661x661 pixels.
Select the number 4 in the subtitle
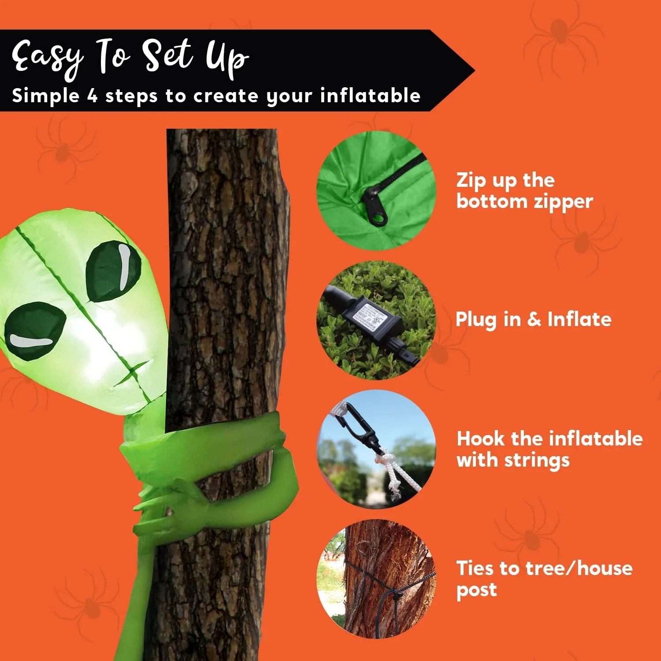tap(92, 96)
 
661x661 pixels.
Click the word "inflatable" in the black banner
tap(370, 96)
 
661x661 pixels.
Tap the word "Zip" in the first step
tap(471, 181)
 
